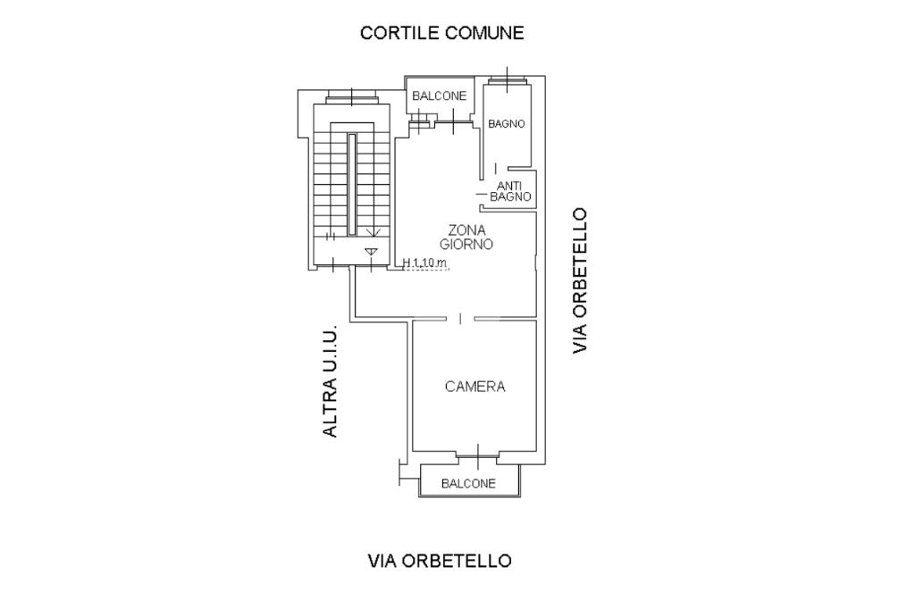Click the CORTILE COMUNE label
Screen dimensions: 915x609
coord(441,33)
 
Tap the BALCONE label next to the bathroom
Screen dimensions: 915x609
coord(439,96)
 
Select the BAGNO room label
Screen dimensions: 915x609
coord(507,124)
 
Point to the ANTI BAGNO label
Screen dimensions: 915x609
coord(510,191)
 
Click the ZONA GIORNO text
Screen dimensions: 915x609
coord(466,237)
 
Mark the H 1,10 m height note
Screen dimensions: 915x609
coord(424,263)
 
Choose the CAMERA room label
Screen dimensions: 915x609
coord(474,387)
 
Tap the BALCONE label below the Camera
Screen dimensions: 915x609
coord(468,484)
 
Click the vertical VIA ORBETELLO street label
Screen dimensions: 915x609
coord(581,280)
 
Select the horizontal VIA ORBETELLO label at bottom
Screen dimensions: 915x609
coord(440,561)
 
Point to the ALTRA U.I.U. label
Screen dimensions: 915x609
coord(331,380)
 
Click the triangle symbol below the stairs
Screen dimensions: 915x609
coord(371,252)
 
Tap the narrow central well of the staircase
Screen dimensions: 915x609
coord(352,183)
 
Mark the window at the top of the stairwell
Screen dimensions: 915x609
coord(352,96)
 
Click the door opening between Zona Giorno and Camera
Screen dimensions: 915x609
coord(460,318)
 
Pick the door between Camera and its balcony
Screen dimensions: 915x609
coord(478,456)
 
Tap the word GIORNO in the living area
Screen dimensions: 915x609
coord(466,244)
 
